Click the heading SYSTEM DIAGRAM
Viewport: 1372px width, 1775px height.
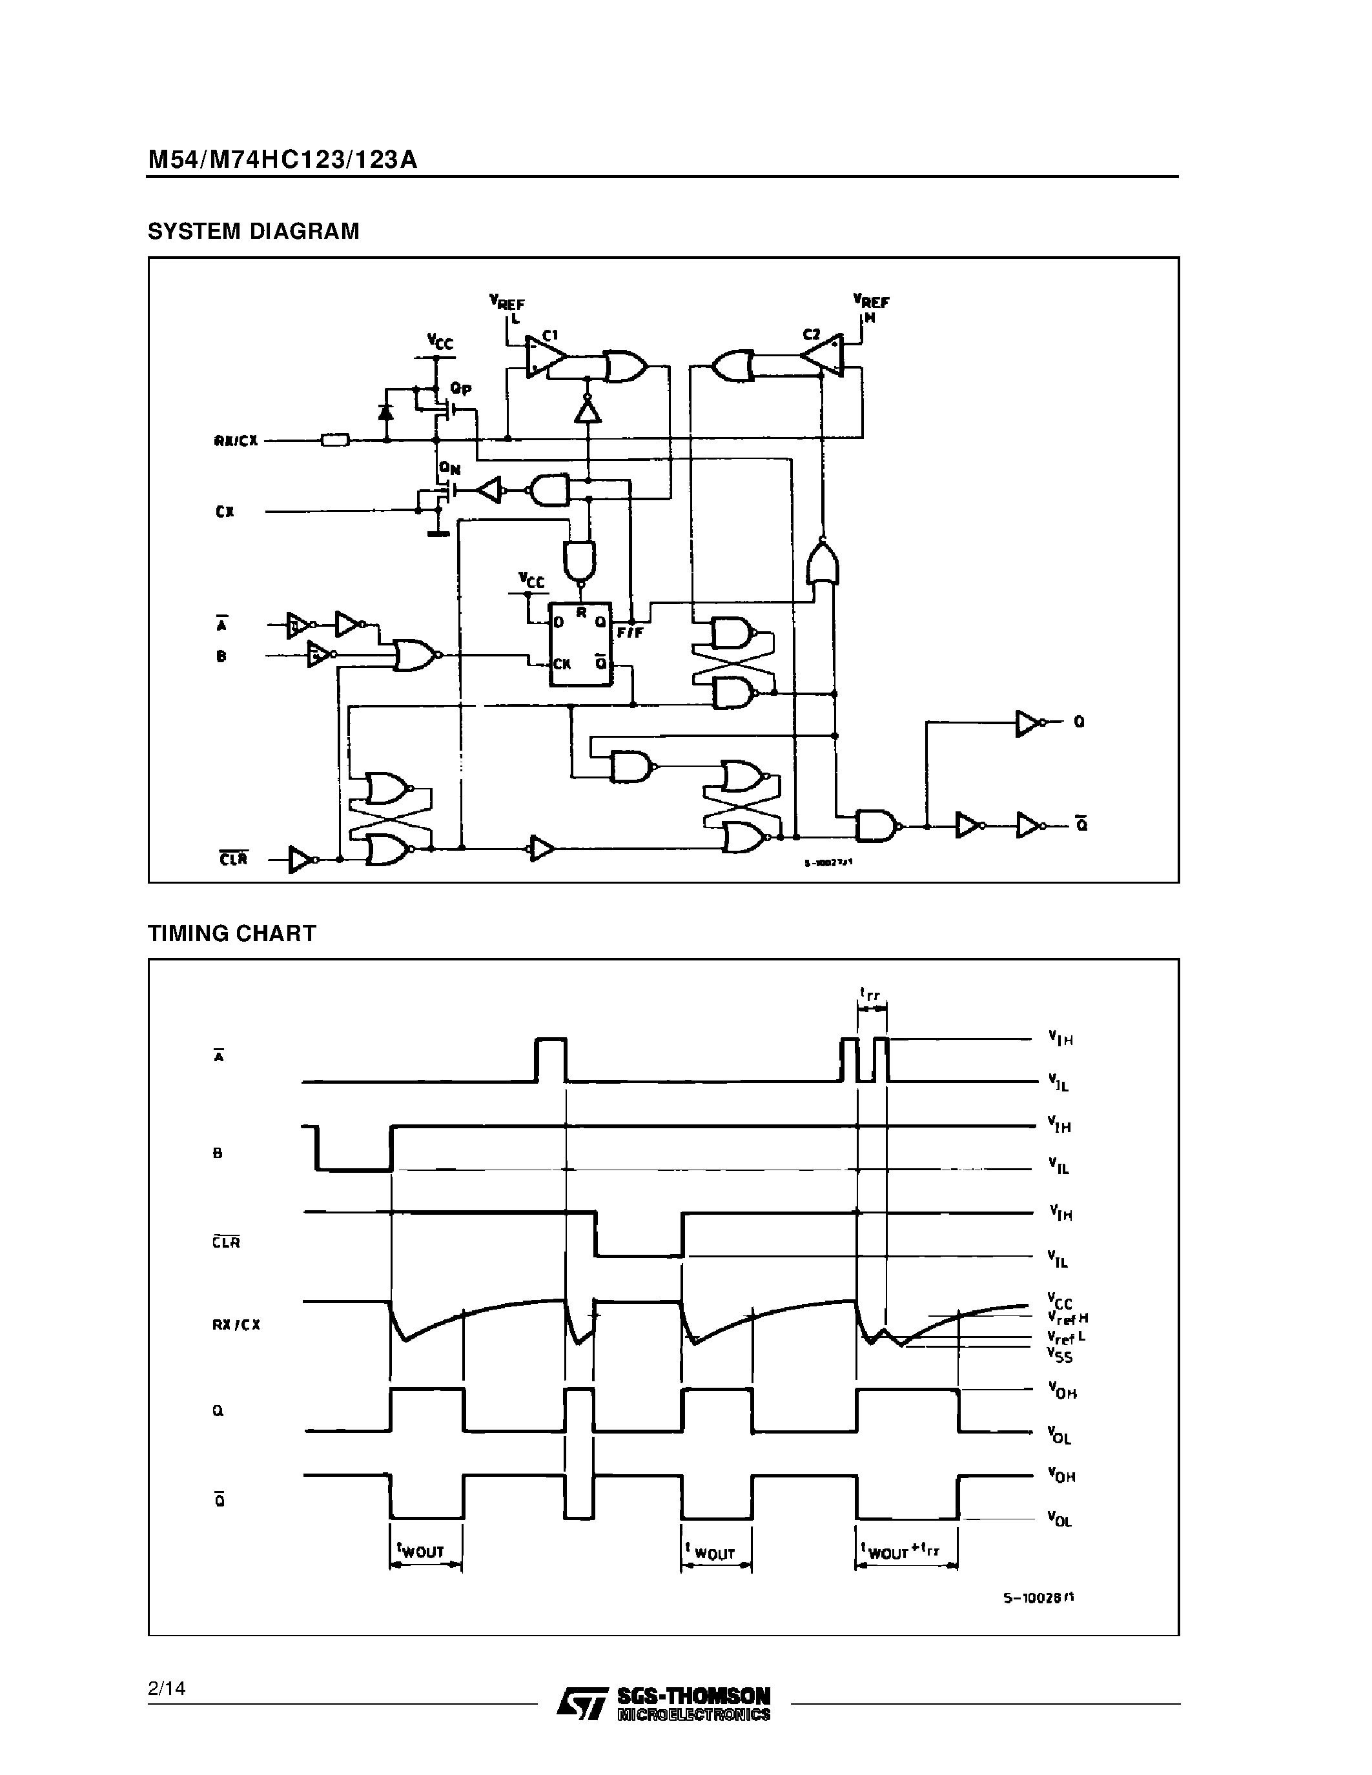click(253, 232)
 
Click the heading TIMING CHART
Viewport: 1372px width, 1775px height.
click(232, 933)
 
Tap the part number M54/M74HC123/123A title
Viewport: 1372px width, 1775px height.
click(282, 159)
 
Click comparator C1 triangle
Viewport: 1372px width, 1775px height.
click(544, 358)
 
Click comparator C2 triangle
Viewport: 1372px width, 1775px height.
click(823, 354)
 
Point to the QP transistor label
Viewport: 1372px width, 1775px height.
click(461, 389)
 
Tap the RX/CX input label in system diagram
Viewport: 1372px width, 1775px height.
click(236, 441)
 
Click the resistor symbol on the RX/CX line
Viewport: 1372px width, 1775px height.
click(335, 440)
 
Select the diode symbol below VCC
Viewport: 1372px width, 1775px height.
click(386, 412)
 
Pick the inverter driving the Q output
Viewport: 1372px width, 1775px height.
click(1028, 722)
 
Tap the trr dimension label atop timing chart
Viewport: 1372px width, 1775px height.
click(870, 993)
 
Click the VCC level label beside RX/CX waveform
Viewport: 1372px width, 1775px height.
click(1059, 1301)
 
